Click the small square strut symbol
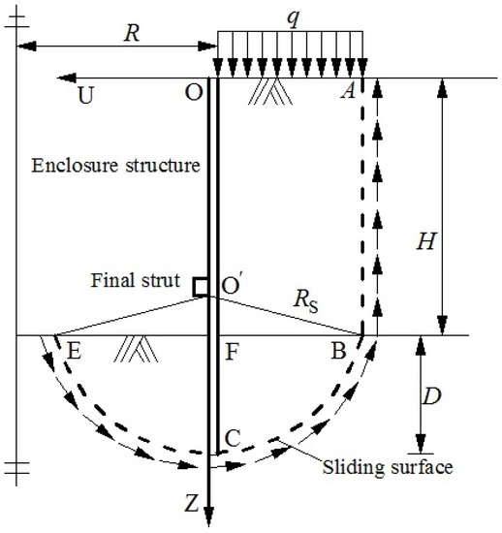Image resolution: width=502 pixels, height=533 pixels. [199, 287]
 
